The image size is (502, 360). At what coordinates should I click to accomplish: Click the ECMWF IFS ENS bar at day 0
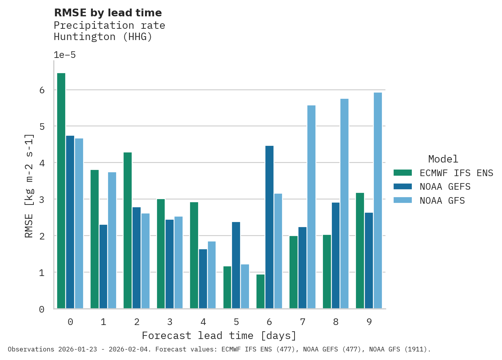coord(61,190)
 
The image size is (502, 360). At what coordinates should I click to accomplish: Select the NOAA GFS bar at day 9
coord(378,200)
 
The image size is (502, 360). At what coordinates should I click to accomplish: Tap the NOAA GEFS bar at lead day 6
coord(269,227)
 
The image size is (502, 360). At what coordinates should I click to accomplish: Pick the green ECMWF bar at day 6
coord(260,292)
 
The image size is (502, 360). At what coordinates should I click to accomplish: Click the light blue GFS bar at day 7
coord(311,207)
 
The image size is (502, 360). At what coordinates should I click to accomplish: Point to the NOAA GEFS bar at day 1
coord(103,267)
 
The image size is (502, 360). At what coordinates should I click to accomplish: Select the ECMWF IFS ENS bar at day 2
coord(127,230)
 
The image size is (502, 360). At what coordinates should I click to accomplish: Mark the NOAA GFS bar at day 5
coord(245,287)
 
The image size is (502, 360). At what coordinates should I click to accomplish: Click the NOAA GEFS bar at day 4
coord(203,279)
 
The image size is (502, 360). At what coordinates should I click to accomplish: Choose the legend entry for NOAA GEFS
coord(445,187)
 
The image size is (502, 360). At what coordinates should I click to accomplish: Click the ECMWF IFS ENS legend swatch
coord(403,173)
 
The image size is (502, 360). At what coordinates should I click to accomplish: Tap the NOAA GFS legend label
coord(442,201)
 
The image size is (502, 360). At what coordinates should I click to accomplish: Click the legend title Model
coord(443,159)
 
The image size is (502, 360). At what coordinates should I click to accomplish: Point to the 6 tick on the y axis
coord(42,90)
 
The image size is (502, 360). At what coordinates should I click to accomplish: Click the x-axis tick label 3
coord(170,322)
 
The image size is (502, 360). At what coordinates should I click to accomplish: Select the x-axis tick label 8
coord(336,322)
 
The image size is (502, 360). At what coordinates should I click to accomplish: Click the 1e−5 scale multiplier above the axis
coord(64,55)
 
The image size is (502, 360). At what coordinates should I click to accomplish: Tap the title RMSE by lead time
coord(108,13)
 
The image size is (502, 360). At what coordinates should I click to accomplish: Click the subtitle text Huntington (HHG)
coord(103,37)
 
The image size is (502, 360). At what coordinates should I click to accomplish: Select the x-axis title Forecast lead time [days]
coord(219,336)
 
